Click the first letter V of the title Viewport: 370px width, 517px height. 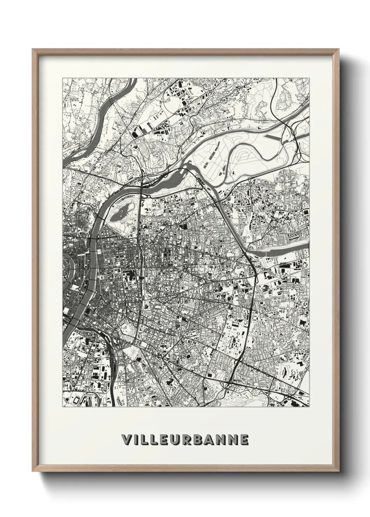click(x=126, y=440)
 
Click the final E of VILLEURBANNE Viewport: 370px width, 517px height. click(x=244, y=440)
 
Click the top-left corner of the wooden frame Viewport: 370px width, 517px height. click(x=33, y=50)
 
